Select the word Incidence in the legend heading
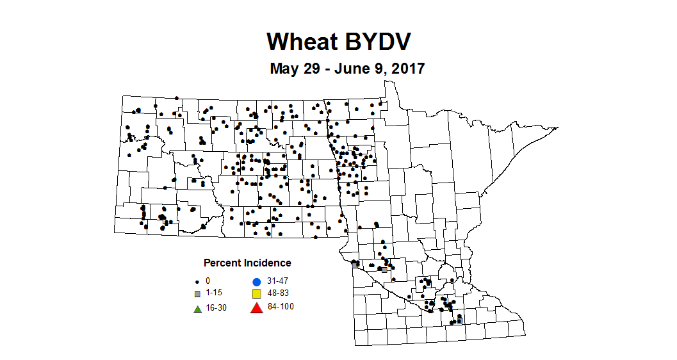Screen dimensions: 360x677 (x=268, y=263)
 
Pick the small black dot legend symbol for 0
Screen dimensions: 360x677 (x=198, y=281)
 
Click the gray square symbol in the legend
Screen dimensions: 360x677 (x=198, y=294)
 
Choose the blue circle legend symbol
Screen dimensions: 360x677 (x=256, y=281)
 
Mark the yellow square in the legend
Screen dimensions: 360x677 (x=256, y=294)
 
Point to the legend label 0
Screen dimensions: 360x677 (x=208, y=281)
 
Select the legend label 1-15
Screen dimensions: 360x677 (x=215, y=294)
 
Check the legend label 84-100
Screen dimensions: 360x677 (x=281, y=307)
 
